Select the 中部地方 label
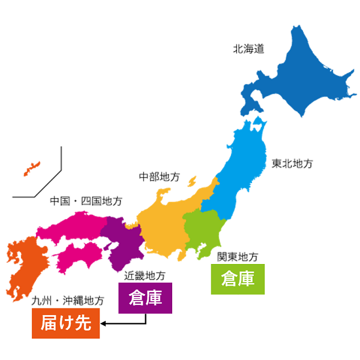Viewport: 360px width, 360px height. (159, 177)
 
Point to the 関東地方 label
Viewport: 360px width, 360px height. (238, 257)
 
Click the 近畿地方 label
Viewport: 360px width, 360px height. (145, 276)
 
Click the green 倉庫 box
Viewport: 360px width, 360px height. (238, 279)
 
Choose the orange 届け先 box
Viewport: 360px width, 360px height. (66, 324)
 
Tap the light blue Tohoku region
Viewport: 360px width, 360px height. (240, 174)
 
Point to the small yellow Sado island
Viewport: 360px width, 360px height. (192, 180)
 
